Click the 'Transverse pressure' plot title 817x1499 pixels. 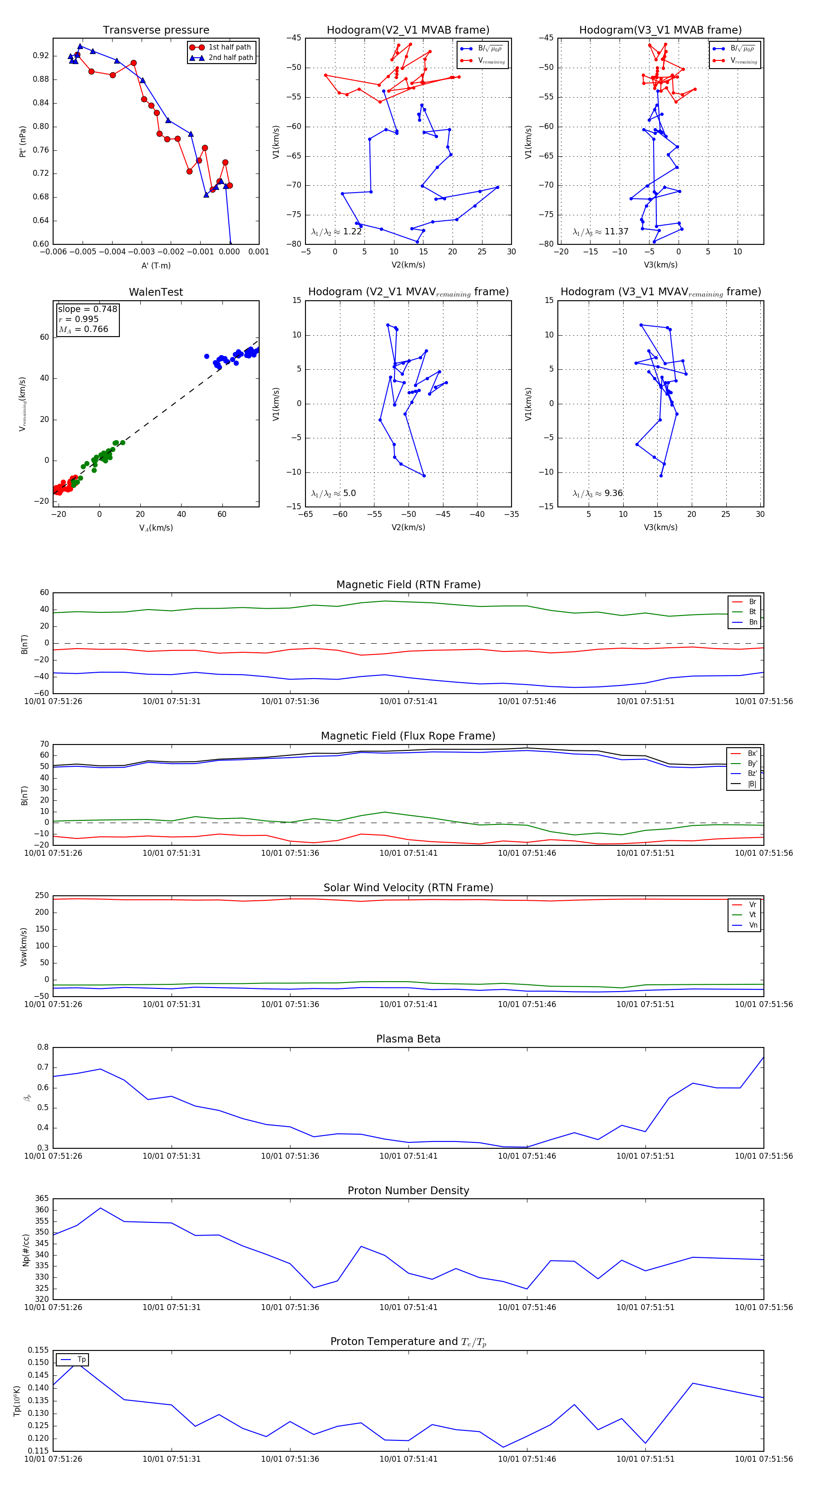pos(156,30)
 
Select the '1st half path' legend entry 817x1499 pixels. pos(229,47)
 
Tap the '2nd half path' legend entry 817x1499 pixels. pos(230,58)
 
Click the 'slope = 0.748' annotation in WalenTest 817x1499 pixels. pos(87,309)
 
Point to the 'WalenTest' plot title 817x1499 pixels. pos(156,292)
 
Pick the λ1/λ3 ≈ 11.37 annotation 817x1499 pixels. pos(600,232)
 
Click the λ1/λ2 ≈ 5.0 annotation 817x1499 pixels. pos(333,493)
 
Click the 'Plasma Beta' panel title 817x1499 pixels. pos(408,1039)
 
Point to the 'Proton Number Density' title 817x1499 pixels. pos(408,1191)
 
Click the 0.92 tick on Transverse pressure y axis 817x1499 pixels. pos(41,56)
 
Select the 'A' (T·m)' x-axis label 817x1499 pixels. pos(156,265)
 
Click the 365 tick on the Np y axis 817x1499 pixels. pos(42,1199)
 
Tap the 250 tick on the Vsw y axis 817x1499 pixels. pos(42,896)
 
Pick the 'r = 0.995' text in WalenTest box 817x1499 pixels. pos(79,319)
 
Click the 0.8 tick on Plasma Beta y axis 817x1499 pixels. pos(43,1047)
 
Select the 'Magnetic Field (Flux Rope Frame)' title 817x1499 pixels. pos(408,736)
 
